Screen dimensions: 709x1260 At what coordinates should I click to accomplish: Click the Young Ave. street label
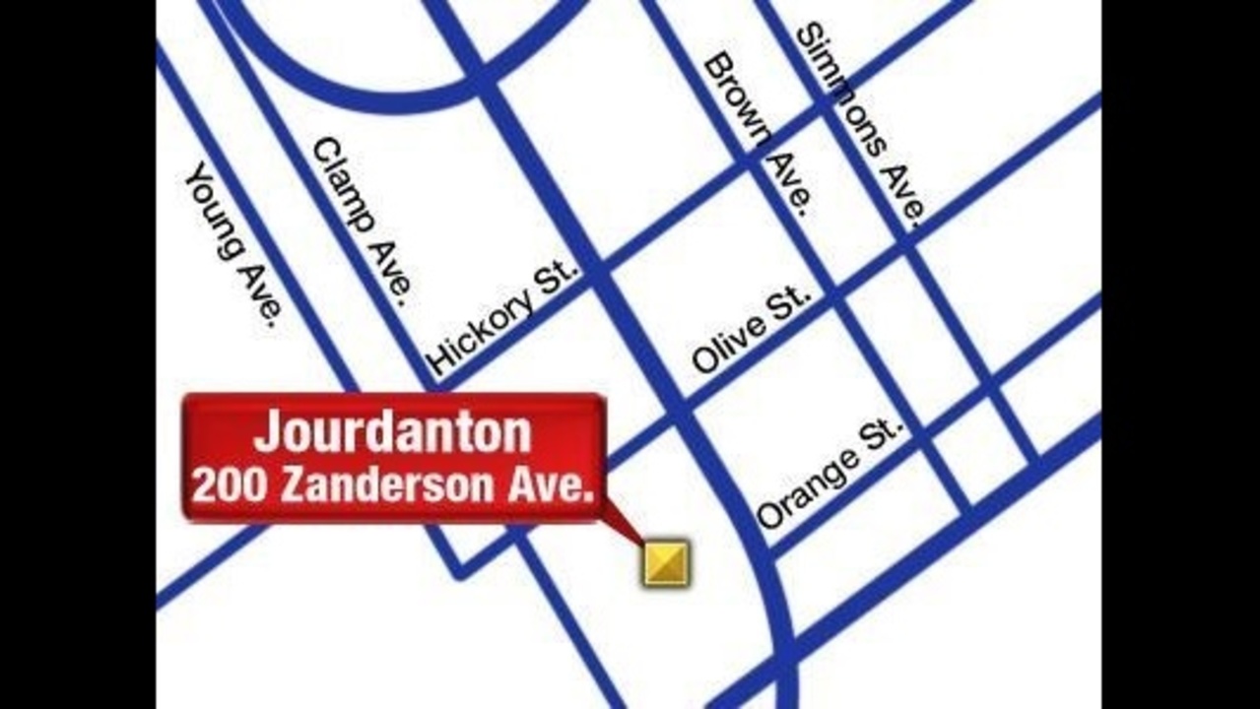[234, 243]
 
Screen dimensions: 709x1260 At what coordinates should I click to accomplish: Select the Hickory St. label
[503, 317]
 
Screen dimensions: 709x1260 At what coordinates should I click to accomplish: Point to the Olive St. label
[752, 330]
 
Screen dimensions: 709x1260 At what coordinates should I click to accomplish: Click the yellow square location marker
[667, 563]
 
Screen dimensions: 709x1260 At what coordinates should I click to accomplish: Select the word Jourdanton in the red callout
[392, 433]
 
